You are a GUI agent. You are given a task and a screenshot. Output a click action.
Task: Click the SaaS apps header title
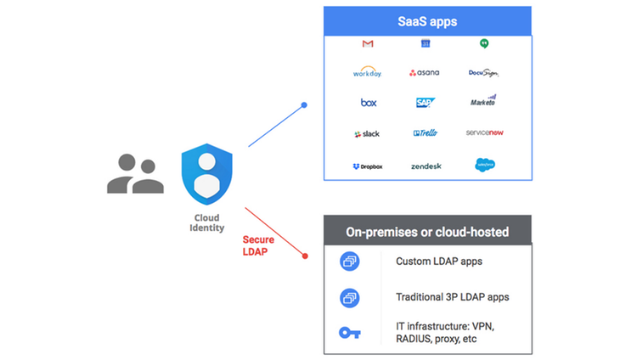(427, 20)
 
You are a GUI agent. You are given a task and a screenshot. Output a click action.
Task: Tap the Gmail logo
(368, 43)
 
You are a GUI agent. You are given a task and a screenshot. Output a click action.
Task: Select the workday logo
(368, 73)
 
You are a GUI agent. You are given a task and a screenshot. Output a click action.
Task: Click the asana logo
(425, 73)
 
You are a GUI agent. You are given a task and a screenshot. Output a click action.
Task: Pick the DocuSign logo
(482, 73)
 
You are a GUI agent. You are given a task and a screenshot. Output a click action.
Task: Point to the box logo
(368, 103)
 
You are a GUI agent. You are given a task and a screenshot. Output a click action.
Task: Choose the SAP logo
(425, 103)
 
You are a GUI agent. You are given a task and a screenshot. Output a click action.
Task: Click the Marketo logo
(482, 102)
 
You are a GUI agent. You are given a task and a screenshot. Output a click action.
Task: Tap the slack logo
(368, 133)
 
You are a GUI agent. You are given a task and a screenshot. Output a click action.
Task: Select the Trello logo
(425, 133)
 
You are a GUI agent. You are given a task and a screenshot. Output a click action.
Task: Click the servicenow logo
(485, 133)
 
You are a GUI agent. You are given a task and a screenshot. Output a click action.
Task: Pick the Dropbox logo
(368, 166)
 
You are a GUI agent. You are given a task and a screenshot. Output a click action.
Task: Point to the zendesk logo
(425, 166)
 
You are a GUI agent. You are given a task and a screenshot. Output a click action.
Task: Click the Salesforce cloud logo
(485, 165)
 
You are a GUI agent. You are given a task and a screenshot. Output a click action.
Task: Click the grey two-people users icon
(135, 173)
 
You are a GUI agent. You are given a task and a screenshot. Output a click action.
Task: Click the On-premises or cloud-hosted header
(427, 232)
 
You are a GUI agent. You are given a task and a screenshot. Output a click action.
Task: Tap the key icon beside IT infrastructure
(350, 332)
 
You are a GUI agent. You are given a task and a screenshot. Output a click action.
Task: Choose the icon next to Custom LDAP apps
(350, 262)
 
